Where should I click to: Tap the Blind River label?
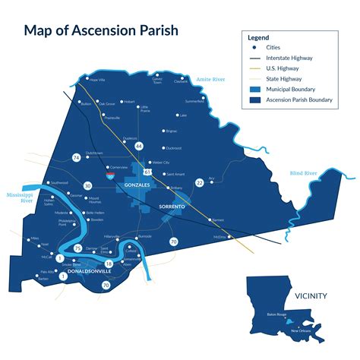pyautogui.click(x=303, y=174)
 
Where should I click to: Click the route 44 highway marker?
pyautogui.click(x=138, y=146)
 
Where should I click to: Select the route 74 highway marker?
pyautogui.click(x=76, y=157)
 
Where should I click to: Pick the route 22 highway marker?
pyautogui.click(x=200, y=182)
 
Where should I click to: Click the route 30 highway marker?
pyautogui.click(x=88, y=185)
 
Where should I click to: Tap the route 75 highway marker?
pyautogui.click(x=78, y=248)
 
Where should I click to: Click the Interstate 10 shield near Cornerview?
pyautogui.click(x=111, y=175)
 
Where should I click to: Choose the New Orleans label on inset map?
pyautogui.click(x=298, y=331)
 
